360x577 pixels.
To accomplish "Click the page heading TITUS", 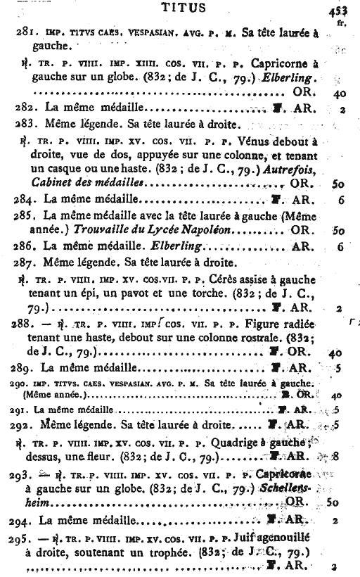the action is pos(183,9).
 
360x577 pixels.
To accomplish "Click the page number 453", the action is pos(339,11).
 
